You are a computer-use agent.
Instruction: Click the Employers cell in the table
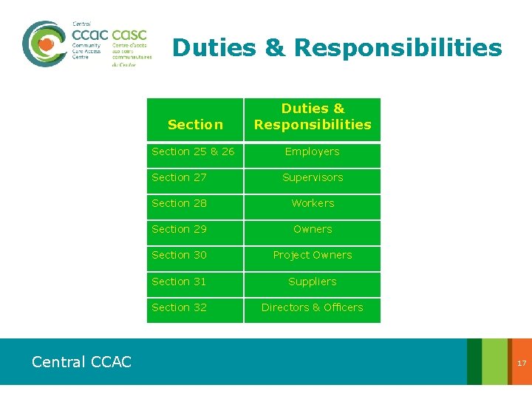pos(313,151)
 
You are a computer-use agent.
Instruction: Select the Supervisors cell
pos(313,177)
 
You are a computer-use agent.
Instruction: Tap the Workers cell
pos(313,203)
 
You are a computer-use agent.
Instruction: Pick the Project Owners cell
pos(313,255)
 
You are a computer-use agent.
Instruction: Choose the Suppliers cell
pos(313,282)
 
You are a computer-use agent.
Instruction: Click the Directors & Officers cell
pos(313,307)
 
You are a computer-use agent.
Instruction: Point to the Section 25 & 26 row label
pos(193,151)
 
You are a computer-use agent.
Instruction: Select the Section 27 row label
pos(180,177)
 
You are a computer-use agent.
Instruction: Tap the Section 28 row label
pos(180,203)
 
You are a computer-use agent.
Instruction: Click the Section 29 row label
pos(180,229)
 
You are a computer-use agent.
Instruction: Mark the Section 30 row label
pos(180,255)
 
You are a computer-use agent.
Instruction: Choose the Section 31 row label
pos(180,282)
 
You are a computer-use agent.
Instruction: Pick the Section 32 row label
pos(180,307)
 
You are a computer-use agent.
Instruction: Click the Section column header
pos(195,124)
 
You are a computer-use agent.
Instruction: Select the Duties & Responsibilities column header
pos(313,117)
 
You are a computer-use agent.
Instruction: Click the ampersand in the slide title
pos(274,48)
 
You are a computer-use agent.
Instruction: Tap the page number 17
pos(522,363)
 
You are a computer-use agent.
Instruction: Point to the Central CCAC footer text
pos(81,362)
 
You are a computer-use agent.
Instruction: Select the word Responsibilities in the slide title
pos(398,48)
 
